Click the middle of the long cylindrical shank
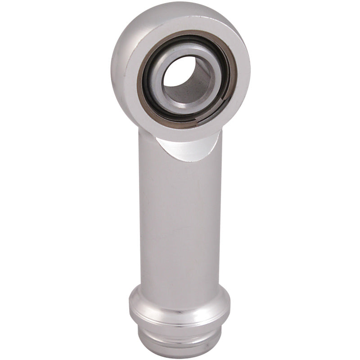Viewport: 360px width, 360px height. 180,216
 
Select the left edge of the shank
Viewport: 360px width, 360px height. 140,216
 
